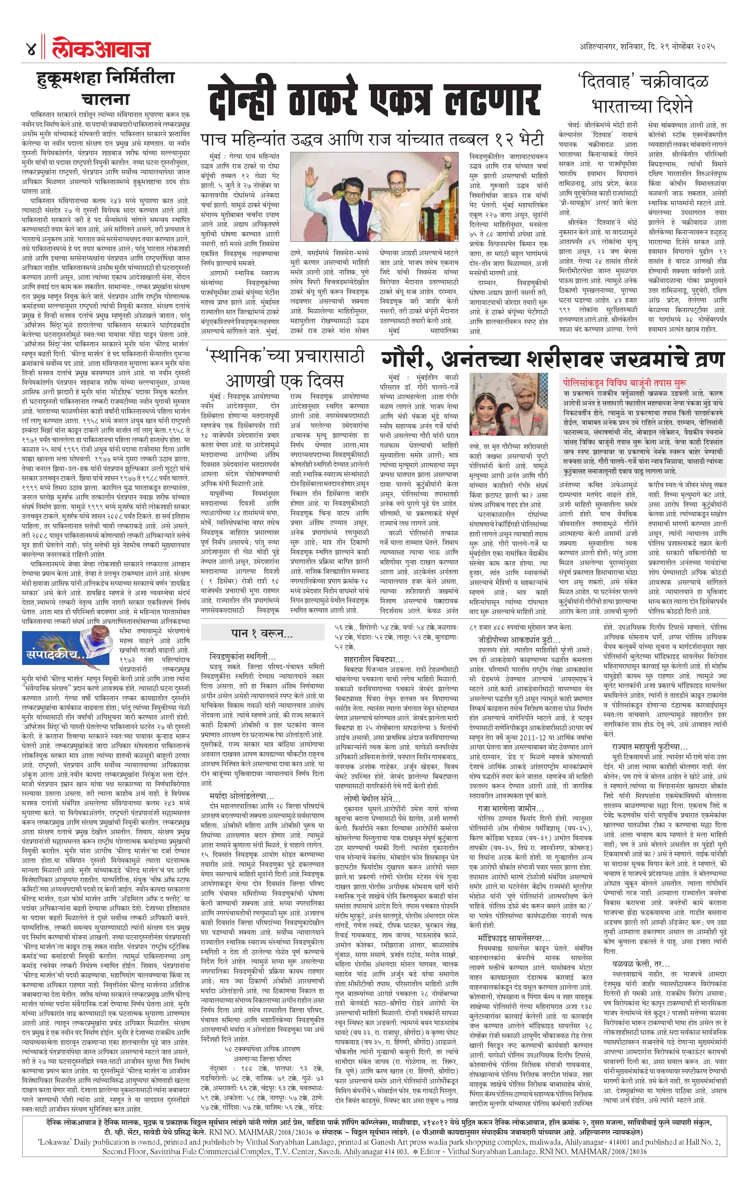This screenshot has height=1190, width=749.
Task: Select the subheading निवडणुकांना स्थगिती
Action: tap(242, 656)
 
